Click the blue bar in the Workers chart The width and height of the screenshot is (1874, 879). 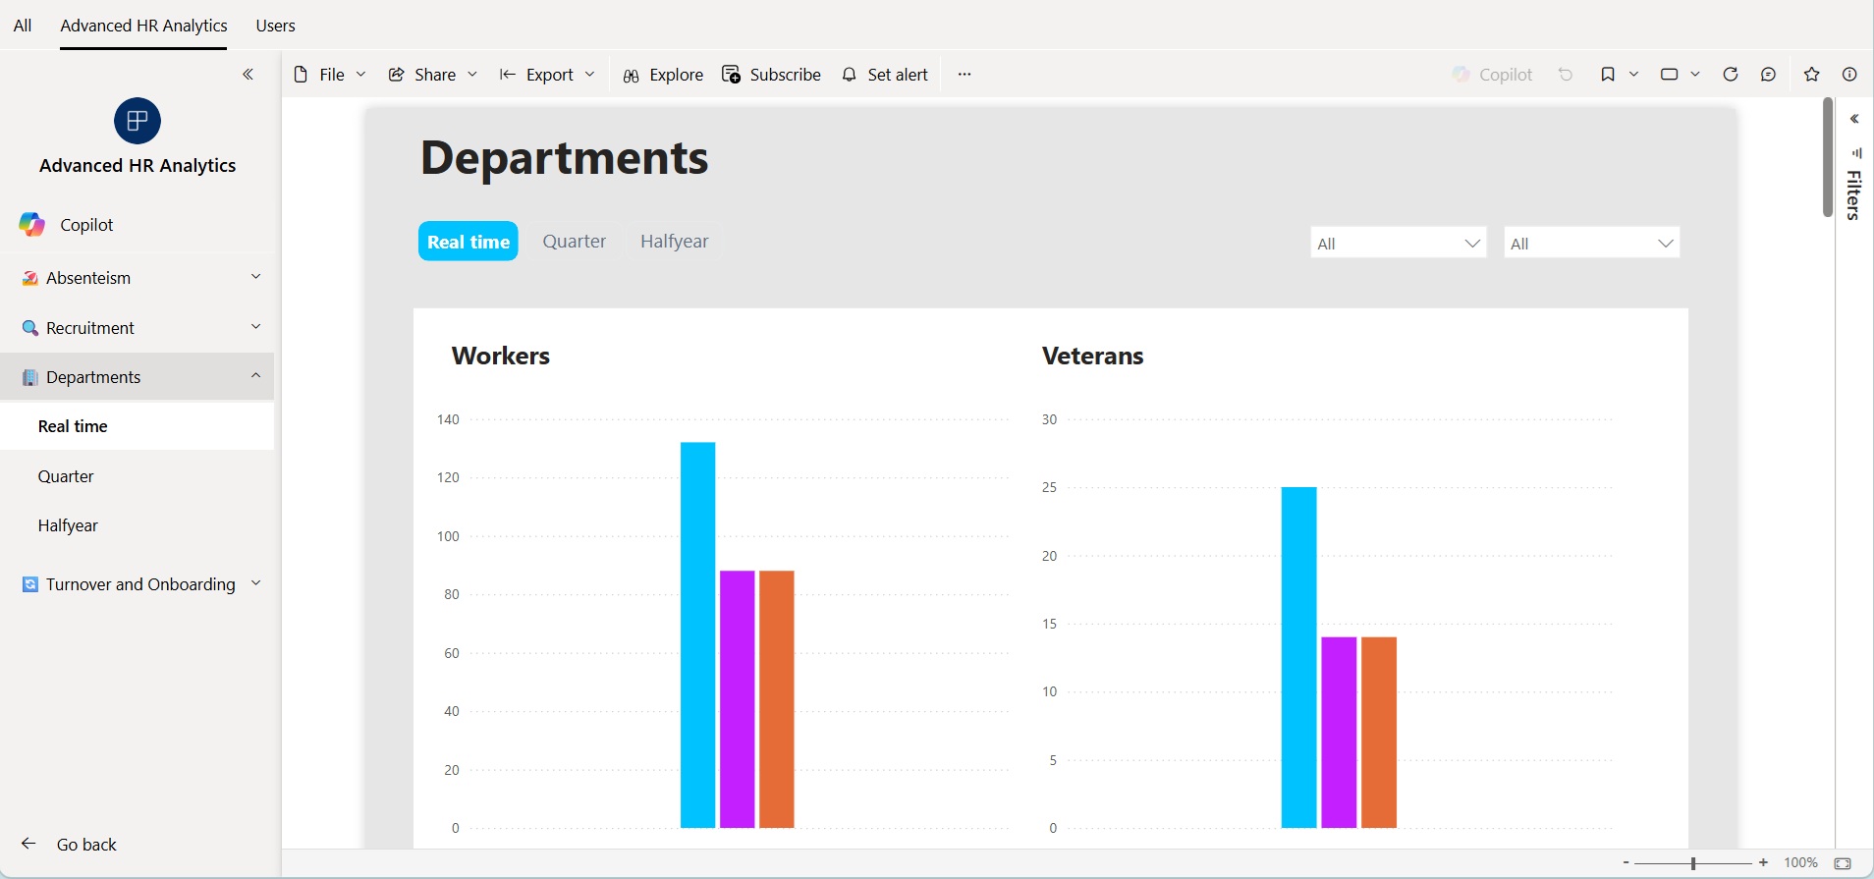pos(697,634)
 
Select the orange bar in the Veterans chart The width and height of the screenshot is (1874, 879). pos(1379,732)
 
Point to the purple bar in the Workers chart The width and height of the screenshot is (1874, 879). pos(737,699)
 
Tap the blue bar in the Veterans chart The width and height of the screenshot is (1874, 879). pos(1298,657)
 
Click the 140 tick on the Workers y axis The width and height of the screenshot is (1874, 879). pos(448,419)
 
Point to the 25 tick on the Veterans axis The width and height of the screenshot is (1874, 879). pos(1049,487)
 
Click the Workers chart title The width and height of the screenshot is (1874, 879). pos(501,356)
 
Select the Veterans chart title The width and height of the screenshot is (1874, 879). pos(1092,356)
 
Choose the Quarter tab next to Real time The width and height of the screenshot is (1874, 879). pos(575,242)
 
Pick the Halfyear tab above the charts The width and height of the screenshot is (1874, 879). pos(674,242)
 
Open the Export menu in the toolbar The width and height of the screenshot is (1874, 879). pos(547,75)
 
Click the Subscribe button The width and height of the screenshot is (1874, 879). pos(771,75)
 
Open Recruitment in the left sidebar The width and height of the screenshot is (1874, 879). pos(90,328)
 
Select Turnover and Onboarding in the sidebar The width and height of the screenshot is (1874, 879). pos(140,584)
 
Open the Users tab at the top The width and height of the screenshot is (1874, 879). pos(275,26)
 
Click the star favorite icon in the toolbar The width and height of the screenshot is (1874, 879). pos(1812,75)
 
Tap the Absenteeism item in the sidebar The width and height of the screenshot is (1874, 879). pos(88,278)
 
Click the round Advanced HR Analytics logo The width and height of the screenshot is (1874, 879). pos(138,121)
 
